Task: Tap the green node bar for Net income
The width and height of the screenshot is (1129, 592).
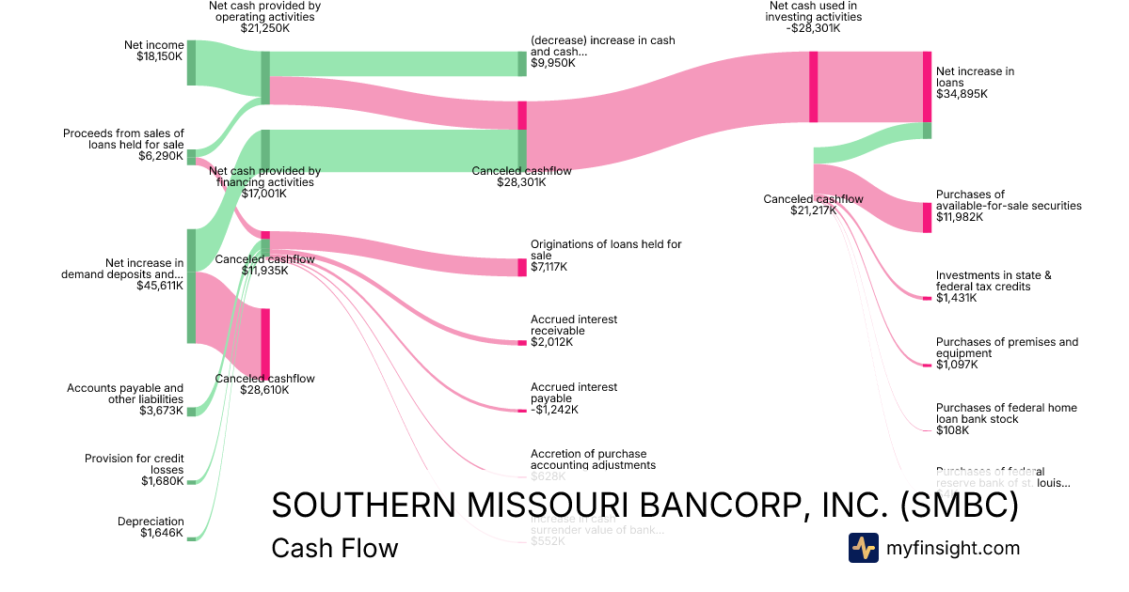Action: [x=191, y=63]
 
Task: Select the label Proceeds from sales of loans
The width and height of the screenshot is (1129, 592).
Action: [x=123, y=139]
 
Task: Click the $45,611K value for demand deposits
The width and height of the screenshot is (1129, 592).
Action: [x=160, y=287]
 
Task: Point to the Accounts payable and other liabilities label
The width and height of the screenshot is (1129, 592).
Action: [x=125, y=394]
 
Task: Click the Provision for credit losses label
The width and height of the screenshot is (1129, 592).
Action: [x=135, y=464]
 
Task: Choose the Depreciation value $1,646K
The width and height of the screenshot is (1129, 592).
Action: [x=162, y=534]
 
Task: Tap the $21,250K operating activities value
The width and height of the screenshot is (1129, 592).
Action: [x=264, y=29]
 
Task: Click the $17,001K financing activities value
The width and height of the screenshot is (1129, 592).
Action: [x=264, y=194]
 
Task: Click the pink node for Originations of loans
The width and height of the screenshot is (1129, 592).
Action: [x=522, y=268]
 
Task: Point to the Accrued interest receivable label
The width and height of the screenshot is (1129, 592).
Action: [x=574, y=325]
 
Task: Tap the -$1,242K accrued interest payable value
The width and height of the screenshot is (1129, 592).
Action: [x=554, y=410]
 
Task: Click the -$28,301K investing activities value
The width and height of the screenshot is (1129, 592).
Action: [x=814, y=28]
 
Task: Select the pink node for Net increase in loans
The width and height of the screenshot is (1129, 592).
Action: [x=927, y=86]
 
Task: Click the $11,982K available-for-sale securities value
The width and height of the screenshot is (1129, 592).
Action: [x=959, y=217]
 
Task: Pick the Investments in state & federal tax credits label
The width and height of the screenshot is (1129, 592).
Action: [x=994, y=281]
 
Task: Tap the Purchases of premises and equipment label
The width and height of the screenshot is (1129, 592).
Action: [x=1007, y=348]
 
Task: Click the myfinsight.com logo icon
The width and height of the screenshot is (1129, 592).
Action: [x=863, y=548]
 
